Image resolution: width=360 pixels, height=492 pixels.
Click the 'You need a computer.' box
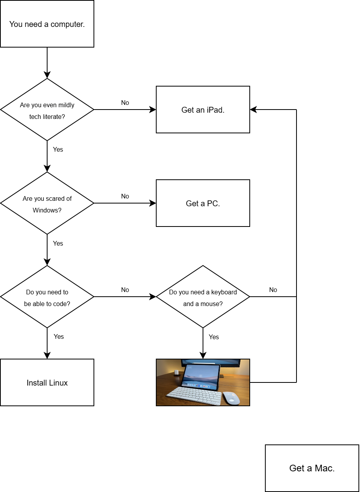pyautogui.click(x=47, y=24)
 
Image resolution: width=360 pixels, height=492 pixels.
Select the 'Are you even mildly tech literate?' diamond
pyautogui.click(x=47, y=110)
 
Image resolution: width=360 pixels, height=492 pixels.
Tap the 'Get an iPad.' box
pyautogui.click(x=203, y=110)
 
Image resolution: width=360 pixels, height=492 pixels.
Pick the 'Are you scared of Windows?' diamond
pyautogui.click(x=47, y=203)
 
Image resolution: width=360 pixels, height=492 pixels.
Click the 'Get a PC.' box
pyautogui.click(x=203, y=204)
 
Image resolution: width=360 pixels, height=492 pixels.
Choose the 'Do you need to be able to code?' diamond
pyautogui.click(x=47, y=297)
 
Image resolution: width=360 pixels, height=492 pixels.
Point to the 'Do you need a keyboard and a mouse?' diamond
pyautogui.click(x=203, y=297)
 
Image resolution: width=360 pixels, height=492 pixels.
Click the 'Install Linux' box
pyautogui.click(x=47, y=383)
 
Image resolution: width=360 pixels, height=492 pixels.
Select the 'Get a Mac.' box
pyautogui.click(x=312, y=468)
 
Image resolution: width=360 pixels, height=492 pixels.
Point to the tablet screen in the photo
pyautogui.click(x=201, y=375)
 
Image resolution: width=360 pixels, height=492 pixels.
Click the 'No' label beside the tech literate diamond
pyautogui.click(x=125, y=103)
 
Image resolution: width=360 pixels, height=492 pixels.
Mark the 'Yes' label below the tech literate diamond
pyautogui.click(x=58, y=150)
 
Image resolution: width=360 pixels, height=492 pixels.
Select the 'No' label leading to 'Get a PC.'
pyautogui.click(x=125, y=196)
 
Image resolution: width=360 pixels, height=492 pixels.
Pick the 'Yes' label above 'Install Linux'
pyautogui.click(x=59, y=337)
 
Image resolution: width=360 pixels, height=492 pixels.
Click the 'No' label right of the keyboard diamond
pyautogui.click(x=273, y=290)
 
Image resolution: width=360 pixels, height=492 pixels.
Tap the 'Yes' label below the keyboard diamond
pyautogui.click(x=214, y=337)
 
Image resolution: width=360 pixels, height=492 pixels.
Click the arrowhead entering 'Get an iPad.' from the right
pyautogui.click(x=253, y=110)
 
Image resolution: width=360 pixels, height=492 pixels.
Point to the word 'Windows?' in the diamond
pyautogui.click(x=47, y=211)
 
